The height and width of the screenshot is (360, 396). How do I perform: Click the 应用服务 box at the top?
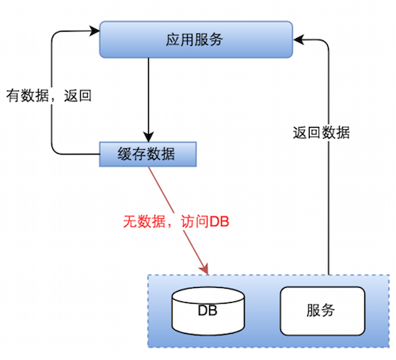(x=196, y=40)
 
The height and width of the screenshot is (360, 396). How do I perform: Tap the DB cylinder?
(x=208, y=311)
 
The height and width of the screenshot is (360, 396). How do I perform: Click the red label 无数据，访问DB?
(x=169, y=223)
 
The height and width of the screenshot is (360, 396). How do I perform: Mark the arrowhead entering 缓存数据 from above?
(x=147, y=136)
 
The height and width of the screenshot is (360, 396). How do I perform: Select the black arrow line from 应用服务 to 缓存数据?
(x=147, y=95)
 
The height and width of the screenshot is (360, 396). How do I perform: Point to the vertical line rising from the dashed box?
(x=327, y=206)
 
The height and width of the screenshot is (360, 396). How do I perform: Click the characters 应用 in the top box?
(x=181, y=40)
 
